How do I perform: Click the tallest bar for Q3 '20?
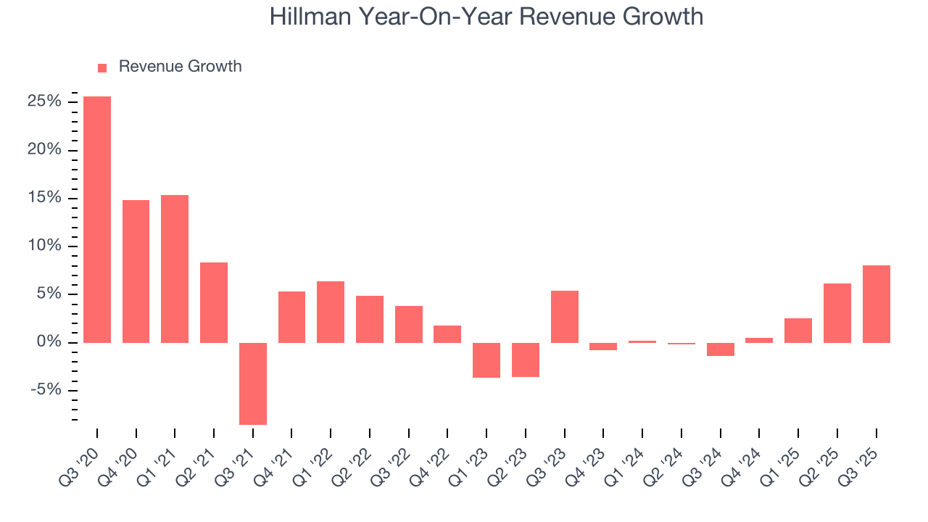(x=97, y=219)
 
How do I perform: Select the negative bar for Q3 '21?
(x=253, y=384)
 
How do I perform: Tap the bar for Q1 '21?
(x=175, y=268)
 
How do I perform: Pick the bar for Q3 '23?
(x=565, y=316)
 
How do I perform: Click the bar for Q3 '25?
(x=876, y=304)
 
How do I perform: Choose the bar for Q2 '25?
(x=837, y=312)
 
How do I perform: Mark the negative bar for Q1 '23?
(x=486, y=360)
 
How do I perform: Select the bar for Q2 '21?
(x=214, y=302)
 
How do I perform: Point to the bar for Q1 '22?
(x=331, y=312)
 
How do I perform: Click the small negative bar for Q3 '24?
(x=721, y=349)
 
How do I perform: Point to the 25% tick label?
(x=43, y=102)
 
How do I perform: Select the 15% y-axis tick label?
(x=43, y=198)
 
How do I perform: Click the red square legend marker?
(x=102, y=67)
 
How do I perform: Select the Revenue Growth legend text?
(x=180, y=67)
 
